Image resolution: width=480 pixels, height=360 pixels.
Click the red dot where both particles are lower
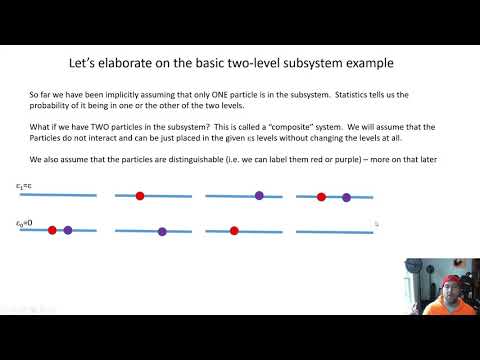pos(52,230)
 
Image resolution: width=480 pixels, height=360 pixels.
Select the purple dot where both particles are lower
pos(68,230)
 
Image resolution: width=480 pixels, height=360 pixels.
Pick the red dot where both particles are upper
pos(321,197)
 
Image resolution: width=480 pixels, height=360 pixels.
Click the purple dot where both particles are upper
pos(347,198)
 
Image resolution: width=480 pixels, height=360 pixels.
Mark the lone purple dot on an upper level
pos(259,196)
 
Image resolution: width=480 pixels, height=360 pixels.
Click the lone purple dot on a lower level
pos(162,231)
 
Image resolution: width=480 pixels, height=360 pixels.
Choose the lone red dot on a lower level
pos(234,230)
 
